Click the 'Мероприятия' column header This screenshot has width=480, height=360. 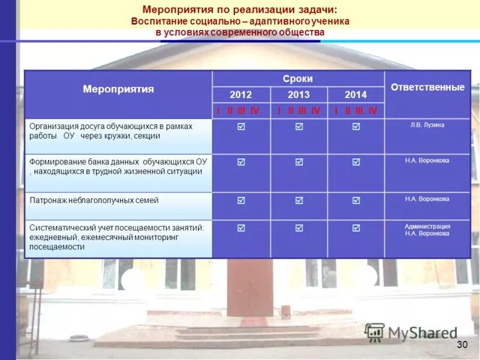coord(118,89)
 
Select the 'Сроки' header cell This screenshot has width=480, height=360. coord(298,79)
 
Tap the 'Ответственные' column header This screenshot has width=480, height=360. coord(427,87)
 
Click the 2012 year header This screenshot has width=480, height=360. coord(241,95)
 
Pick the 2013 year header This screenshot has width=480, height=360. coord(299,95)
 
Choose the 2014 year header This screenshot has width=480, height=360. coord(355,95)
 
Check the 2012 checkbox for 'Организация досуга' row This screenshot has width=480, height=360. coord(241,127)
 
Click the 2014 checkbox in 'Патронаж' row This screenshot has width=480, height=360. coord(356,200)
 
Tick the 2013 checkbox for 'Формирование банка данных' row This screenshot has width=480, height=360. coord(299,162)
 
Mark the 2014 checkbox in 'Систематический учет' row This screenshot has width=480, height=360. coord(356,228)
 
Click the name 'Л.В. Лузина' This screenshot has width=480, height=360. coord(427,125)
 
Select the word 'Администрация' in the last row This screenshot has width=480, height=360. coord(427,226)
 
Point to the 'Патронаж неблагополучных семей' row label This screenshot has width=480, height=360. coord(94,200)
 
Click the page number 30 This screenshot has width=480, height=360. coord(462,344)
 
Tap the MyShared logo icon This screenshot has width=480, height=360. coord(374,332)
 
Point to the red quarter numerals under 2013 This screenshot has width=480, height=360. coord(299,111)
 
